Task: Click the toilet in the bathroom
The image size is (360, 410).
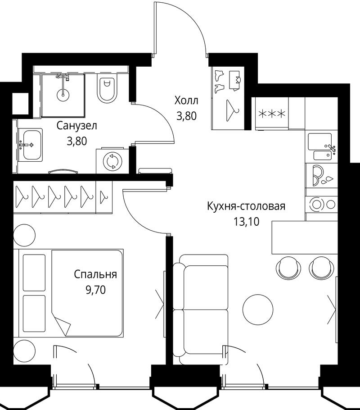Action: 108,88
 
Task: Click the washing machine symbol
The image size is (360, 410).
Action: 112,161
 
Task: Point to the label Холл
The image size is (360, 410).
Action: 186,100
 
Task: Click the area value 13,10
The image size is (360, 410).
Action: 246,222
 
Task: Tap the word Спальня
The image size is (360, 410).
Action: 95,275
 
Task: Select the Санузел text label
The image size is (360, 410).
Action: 77,126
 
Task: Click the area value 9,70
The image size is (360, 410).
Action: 95,290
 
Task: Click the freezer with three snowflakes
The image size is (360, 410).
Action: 272,113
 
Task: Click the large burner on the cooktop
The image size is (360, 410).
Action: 317,205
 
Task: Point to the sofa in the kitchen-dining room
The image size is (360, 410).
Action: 201,310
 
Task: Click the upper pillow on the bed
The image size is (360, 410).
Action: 34,273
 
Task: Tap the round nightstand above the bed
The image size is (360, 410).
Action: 24,235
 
